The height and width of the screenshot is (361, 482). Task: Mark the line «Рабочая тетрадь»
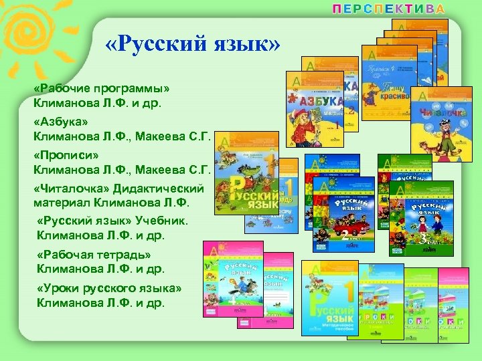tap(94, 255)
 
